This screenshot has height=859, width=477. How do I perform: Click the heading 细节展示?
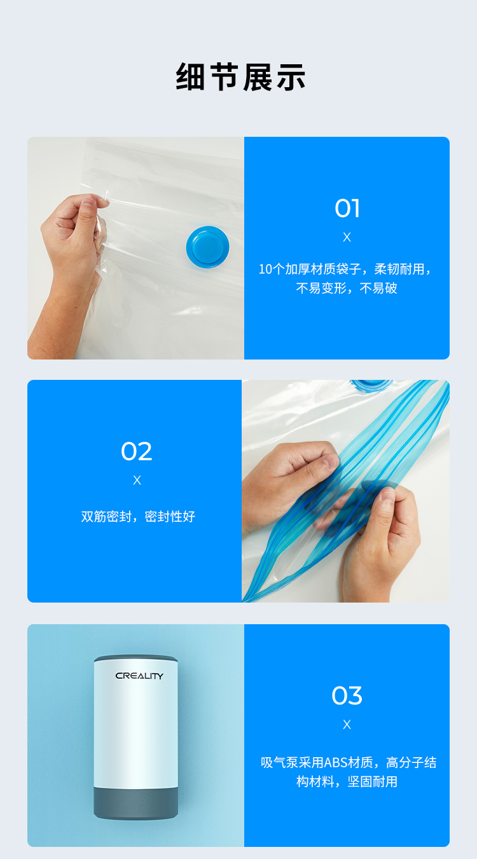(240, 77)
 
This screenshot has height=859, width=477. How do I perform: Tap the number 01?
(347, 208)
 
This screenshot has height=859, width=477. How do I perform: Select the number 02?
(137, 451)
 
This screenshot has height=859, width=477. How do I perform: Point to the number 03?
(347, 695)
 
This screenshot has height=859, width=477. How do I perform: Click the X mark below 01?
(347, 237)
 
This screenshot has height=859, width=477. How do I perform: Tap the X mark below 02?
(137, 480)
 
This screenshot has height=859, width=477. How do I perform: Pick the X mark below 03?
(347, 724)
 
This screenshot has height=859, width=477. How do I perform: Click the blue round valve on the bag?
(207, 247)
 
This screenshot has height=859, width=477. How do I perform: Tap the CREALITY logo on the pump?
(139, 676)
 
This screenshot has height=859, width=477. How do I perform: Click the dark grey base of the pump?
(135, 803)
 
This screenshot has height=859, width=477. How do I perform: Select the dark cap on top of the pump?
(135, 659)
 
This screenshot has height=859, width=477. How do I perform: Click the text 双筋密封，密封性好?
(138, 517)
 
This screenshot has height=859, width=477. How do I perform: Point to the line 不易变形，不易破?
(347, 288)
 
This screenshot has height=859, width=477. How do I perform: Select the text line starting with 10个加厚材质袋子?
(345, 269)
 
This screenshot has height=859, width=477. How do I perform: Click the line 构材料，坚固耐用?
(347, 781)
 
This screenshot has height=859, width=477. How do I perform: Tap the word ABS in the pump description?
(336, 763)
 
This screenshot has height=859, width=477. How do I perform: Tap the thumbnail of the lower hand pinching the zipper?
(389, 494)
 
